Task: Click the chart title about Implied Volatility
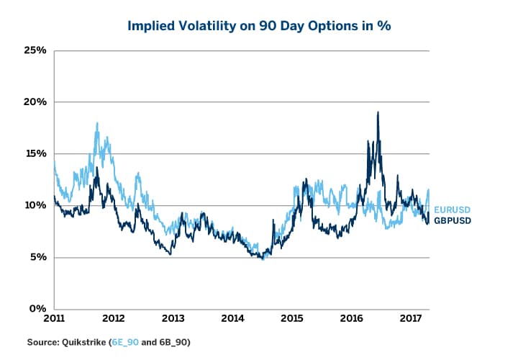click(x=259, y=26)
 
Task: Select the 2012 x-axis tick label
click(x=114, y=318)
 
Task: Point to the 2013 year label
click(x=173, y=318)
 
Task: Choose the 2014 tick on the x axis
click(x=232, y=318)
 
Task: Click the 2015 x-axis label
click(x=291, y=318)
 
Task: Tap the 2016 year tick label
click(x=350, y=318)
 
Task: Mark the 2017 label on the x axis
click(x=410, y=318)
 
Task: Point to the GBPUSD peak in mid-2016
click(x=378, y=112)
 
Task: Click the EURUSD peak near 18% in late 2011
click(x=96, y=124)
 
